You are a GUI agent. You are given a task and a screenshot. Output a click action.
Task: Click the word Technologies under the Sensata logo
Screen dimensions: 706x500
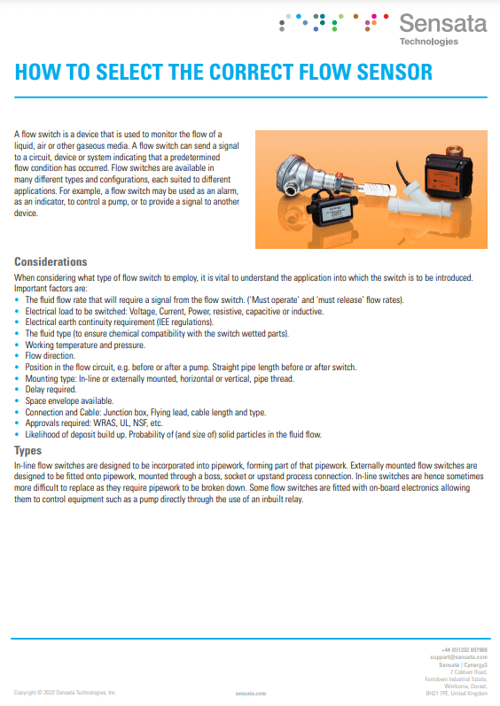click(x=429, y=42)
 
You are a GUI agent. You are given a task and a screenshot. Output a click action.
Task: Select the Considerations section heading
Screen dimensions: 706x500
click(x=51, y=262)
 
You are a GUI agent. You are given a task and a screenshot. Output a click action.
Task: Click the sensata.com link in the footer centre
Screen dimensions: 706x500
click(x=250, y=693)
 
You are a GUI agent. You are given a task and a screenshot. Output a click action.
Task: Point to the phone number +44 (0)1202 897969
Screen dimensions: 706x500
click(x=465, y=649)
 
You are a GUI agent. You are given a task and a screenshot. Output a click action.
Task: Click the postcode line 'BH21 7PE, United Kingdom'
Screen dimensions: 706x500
click(x=457, y=693)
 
